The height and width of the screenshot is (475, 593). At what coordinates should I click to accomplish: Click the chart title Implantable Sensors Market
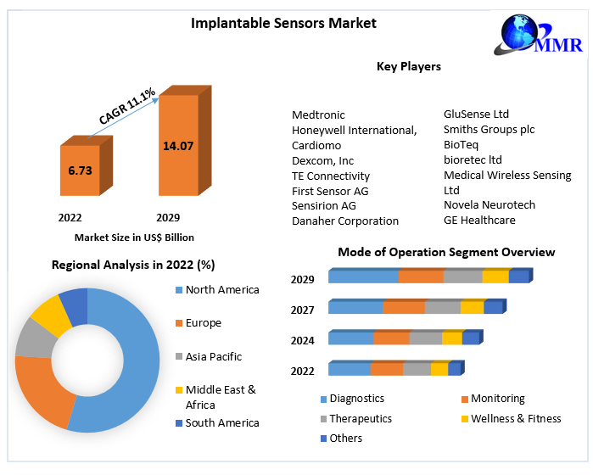284,23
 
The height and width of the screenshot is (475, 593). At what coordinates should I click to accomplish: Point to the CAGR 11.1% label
126,106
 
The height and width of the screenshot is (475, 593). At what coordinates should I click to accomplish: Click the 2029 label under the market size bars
168,217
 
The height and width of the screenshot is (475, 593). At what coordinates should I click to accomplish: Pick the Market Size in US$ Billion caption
134,237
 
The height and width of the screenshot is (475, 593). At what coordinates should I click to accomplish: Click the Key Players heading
408,66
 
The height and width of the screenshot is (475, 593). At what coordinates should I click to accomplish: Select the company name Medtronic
318,115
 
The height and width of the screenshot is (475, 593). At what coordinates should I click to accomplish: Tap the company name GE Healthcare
479,220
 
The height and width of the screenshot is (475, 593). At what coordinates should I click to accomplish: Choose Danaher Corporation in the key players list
344,221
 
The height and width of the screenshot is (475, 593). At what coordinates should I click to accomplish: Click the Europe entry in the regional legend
203,322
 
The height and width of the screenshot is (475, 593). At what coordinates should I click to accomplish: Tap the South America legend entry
221,422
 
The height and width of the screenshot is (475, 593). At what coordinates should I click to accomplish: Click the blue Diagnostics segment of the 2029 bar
362,277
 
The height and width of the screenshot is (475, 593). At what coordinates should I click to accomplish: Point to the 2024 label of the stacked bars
303,340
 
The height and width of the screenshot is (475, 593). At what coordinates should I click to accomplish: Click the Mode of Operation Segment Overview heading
446,252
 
